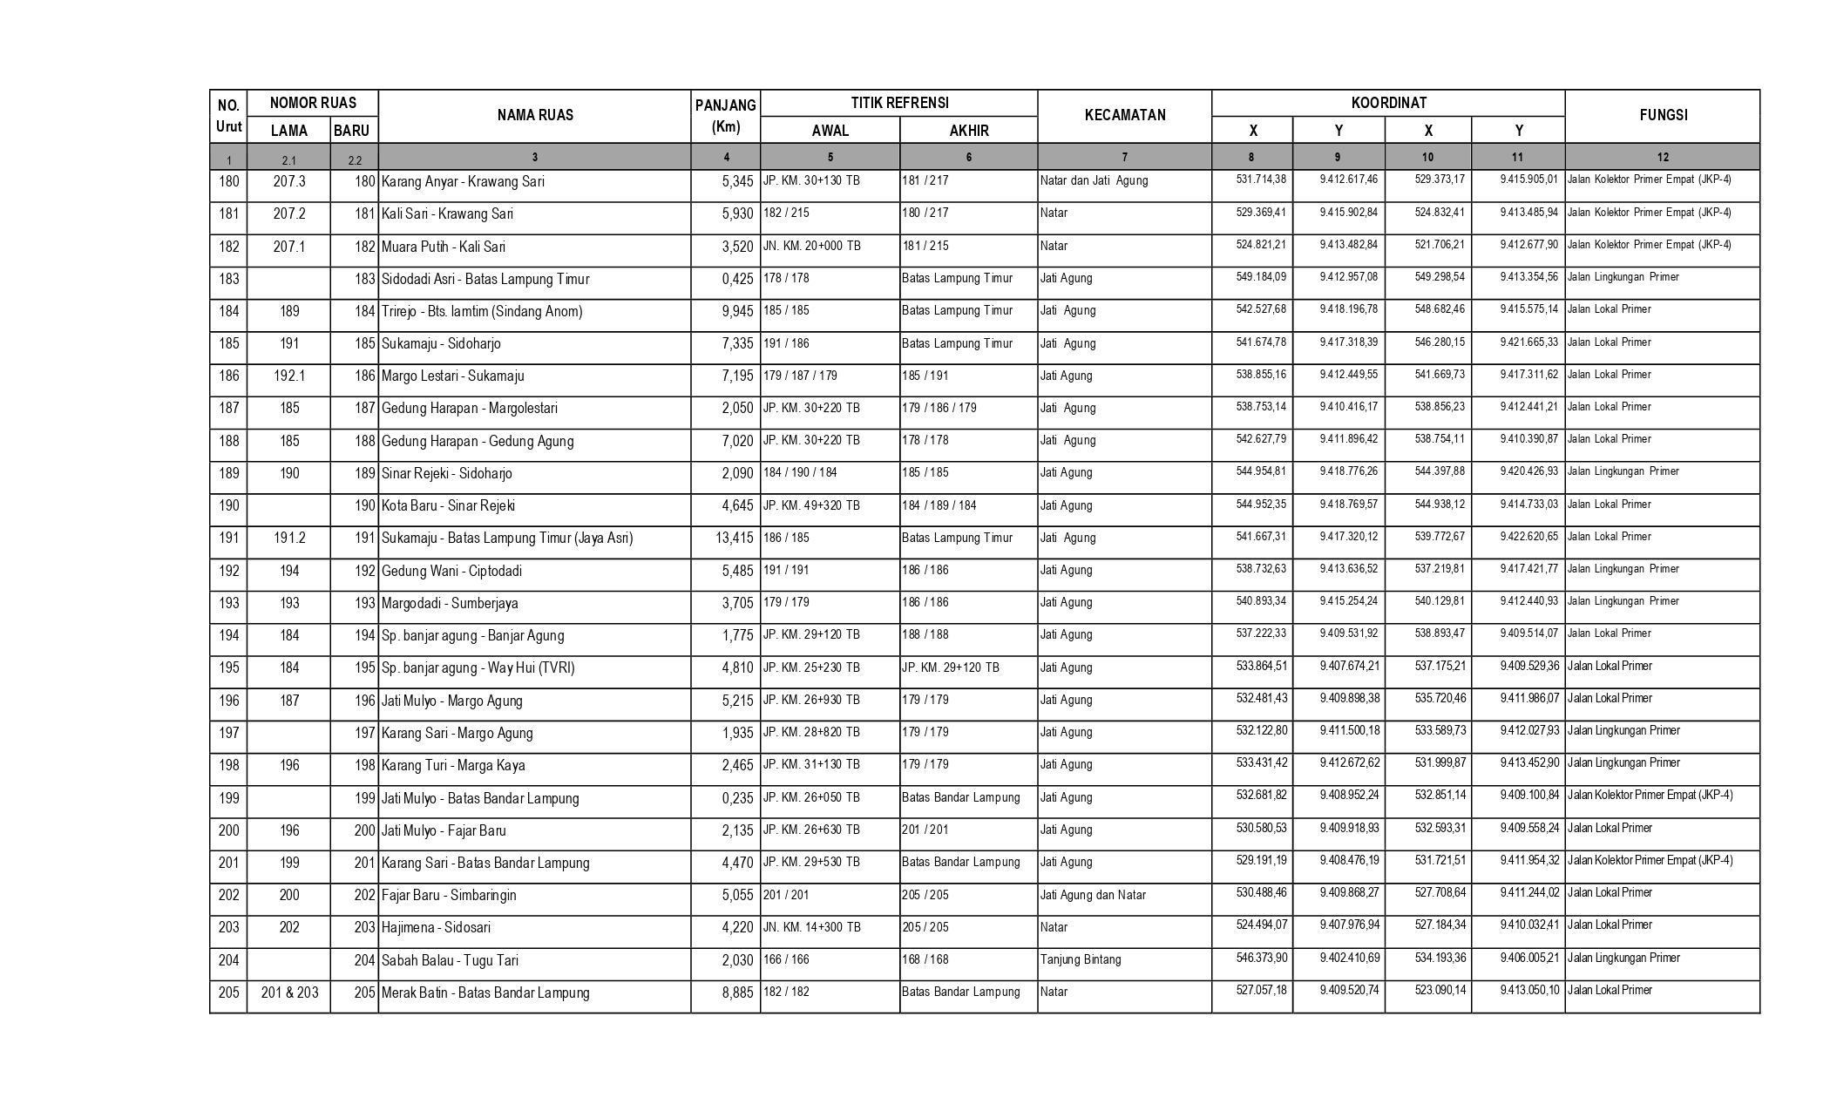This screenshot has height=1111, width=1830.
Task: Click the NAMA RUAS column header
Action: tap(535, 115)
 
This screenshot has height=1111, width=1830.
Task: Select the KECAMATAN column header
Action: tap(1124, 115)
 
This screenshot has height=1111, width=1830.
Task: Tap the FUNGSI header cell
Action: tap(1662, 115)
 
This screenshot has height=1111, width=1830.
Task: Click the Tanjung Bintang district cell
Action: tap(1081, 959)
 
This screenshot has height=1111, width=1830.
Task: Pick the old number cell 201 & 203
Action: tap(289, 992)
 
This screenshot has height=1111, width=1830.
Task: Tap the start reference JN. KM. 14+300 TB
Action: tap(811, 927)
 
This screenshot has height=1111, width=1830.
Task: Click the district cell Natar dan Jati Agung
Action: tap(1094, 180)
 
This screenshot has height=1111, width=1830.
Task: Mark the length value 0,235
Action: tap(737, 798)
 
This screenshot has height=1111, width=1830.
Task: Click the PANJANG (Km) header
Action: tap(725, 116)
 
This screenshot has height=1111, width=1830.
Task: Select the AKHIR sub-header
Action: tap(968, 131)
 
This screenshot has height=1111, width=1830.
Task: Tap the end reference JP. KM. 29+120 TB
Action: tap(950, 667)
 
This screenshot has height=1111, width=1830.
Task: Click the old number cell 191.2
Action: tap(289, 539)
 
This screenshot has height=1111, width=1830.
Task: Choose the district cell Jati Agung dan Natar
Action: tap(1093, 895)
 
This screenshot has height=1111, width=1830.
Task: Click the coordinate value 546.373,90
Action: tap(1261, 958)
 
